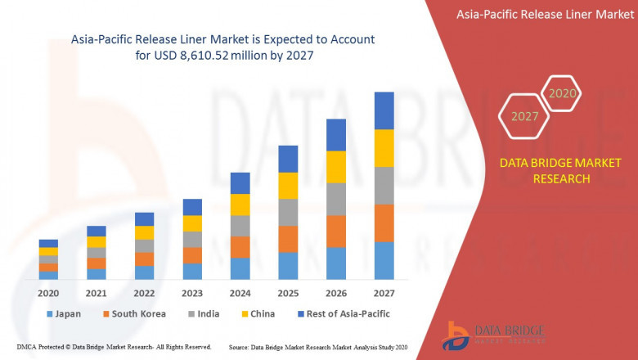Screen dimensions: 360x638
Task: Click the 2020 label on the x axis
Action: (48, 294)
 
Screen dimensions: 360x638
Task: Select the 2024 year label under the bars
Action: (240, 294)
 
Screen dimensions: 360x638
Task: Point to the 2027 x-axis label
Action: (384, 294)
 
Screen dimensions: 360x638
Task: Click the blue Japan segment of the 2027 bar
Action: (384, 260)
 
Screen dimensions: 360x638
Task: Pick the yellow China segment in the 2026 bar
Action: (336, 167)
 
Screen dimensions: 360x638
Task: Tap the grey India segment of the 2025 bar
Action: (288, 212)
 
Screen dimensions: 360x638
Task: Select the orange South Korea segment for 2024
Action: (240, 247)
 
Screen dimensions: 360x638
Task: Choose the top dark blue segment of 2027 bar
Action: (384, 110)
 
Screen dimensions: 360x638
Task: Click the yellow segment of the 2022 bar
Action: (144, 232)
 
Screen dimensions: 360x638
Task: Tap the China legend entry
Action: (258, 313)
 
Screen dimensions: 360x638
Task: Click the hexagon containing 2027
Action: (524, 116)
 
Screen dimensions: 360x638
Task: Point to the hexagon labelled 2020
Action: (562, 93)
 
